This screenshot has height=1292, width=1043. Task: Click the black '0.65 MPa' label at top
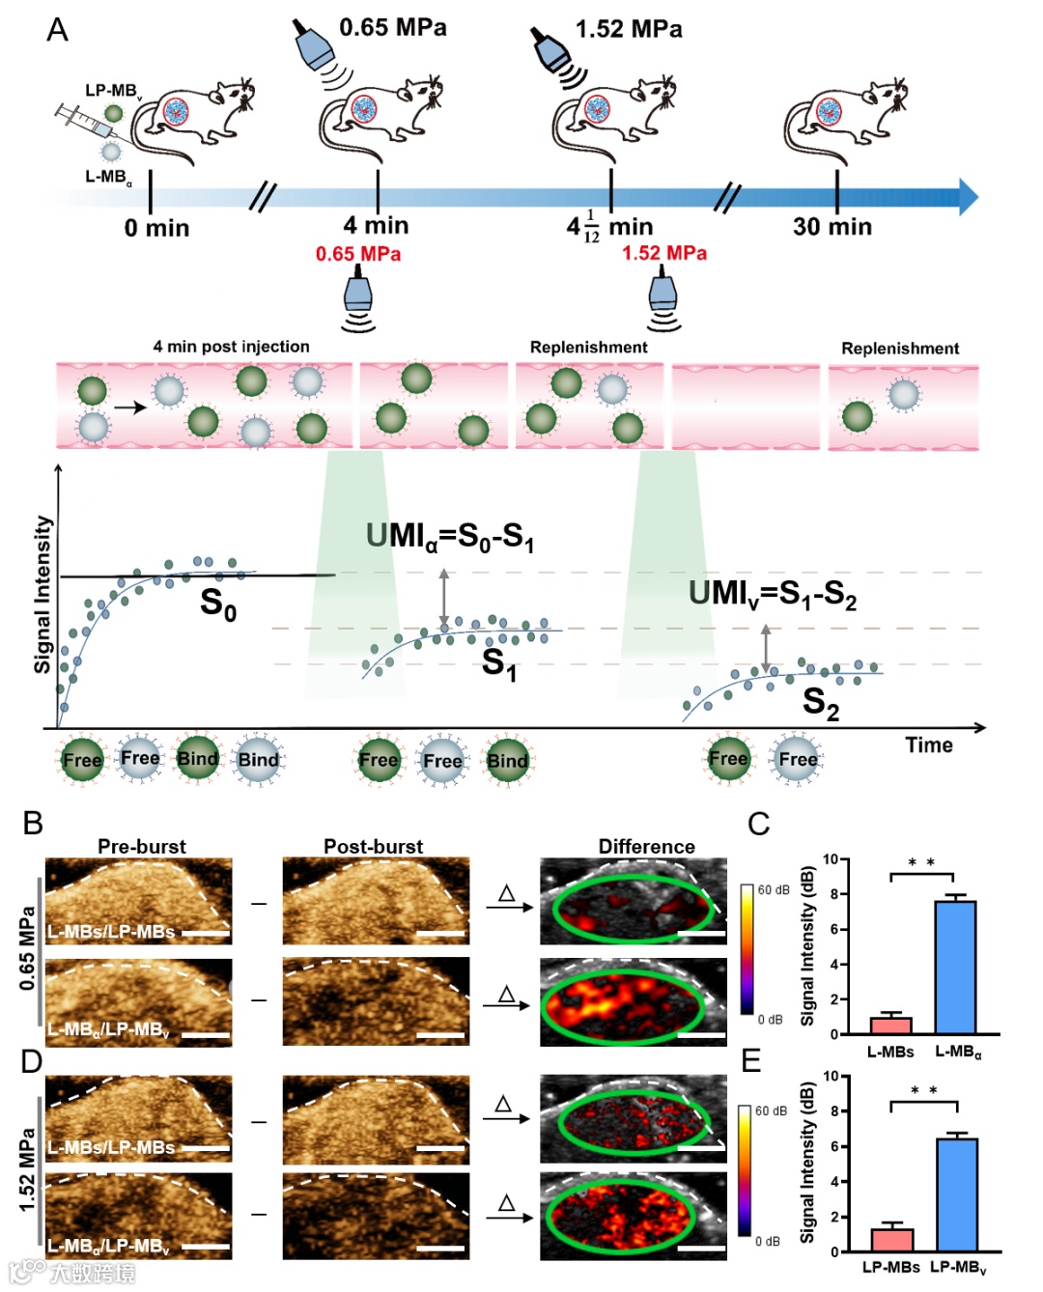[392, 27]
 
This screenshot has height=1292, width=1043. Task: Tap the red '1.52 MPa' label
[663, 253]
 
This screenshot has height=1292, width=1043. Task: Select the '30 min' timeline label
[832, 227]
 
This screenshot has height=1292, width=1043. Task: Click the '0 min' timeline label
[156, 228]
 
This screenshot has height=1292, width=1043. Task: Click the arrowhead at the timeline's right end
[968, 196]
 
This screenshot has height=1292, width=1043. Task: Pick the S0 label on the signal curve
[218, 604]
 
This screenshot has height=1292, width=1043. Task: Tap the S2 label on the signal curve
[820, 702]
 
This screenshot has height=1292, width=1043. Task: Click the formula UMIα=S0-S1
[449, 537]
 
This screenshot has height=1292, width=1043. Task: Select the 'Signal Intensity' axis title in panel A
[42, 594]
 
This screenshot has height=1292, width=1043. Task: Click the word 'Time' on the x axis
[928, 745]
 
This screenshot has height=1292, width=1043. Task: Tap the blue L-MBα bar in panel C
[954, 967]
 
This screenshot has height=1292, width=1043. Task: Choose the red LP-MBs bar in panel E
[891, 1239]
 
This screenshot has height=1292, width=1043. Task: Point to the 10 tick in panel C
[830, 859]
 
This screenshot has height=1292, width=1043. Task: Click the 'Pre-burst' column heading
[142, 846]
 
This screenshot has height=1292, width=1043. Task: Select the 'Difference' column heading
[646, 846]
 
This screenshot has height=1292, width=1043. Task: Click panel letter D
[32, 1061]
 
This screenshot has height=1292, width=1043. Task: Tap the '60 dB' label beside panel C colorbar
[774, 889]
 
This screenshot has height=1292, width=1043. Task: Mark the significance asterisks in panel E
[923, 1090]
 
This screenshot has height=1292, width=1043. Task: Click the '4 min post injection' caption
[231, 347]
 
